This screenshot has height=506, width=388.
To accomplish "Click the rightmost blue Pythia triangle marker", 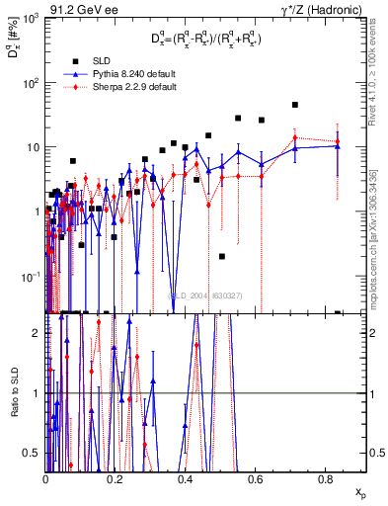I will tap(338, 145).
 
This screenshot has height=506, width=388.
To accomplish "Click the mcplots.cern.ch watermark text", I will tap(379, 257).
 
